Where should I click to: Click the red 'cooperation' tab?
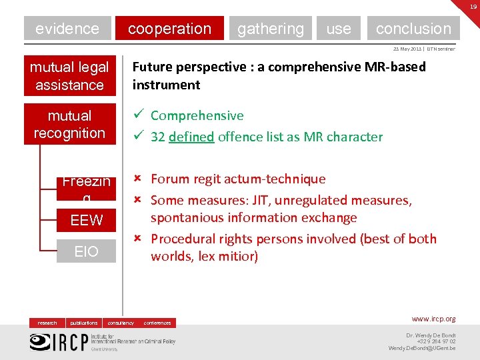coord(169,29)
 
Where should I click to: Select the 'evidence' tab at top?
coord(67,29)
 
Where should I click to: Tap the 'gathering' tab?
coord(270,29)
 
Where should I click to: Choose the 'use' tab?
coord(339,29)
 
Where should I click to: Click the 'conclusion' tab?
coord(413,29)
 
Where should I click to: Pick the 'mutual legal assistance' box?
coord(69,76)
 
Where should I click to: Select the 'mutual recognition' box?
coord(69,124)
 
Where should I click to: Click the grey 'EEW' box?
coord(87,220)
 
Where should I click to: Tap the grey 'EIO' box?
coord(87,251)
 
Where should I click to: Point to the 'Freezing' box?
coord(87,187)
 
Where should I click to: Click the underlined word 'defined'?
coord(191,137)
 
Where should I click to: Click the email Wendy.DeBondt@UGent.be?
coord(422,348)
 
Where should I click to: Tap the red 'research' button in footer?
coord(47,323)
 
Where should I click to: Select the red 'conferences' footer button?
coord(157,323)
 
